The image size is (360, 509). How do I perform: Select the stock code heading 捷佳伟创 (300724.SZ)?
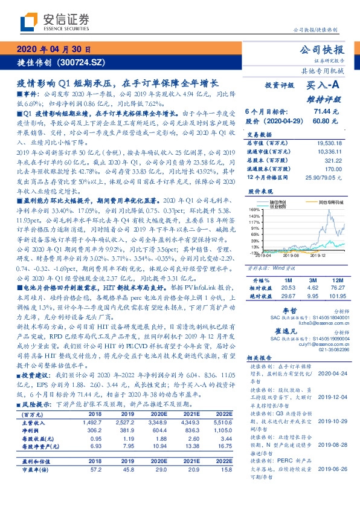coord(55,62)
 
